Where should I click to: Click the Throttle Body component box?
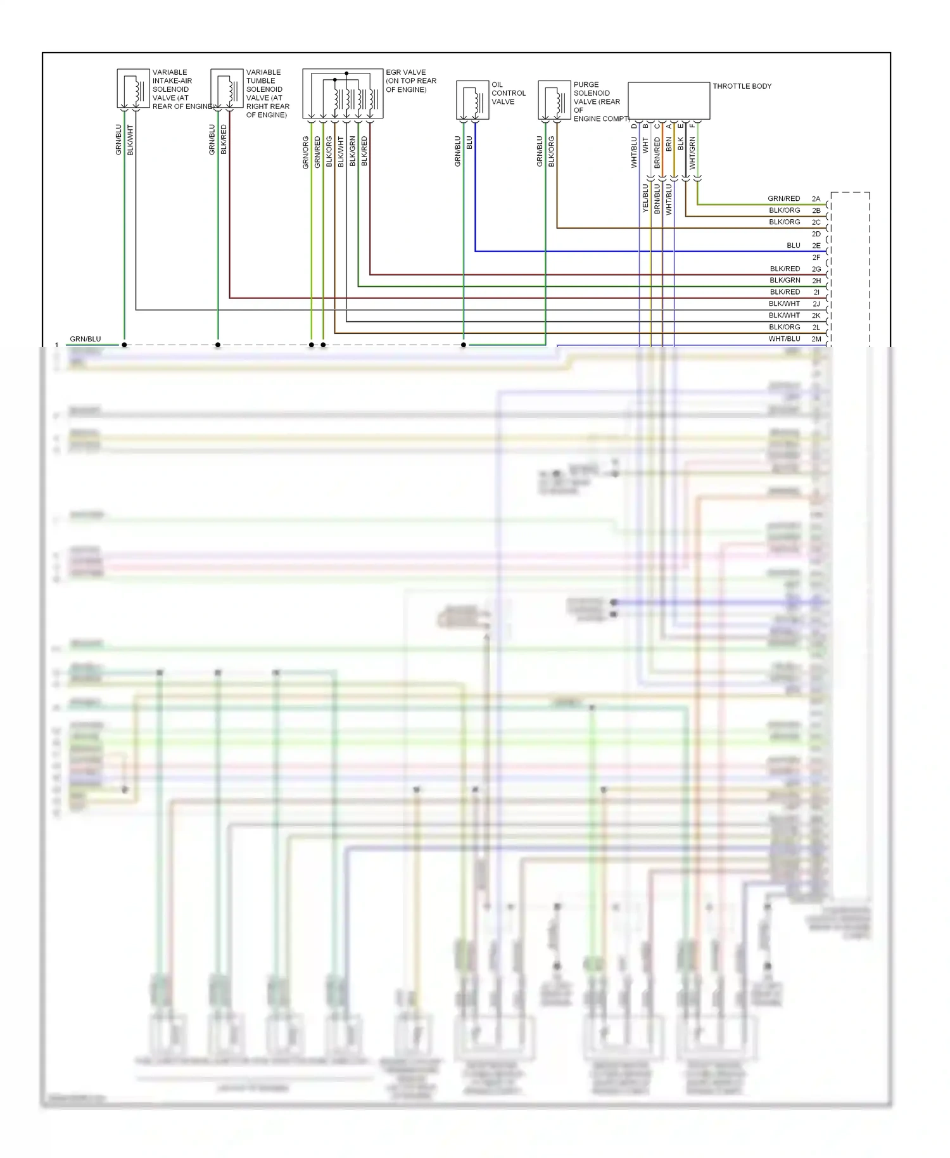click(669, 100)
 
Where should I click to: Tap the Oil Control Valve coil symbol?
click(472, 100)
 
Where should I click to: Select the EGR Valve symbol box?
click(343, 94)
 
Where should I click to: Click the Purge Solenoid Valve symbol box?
click(554, 100)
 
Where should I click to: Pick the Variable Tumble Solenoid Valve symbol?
click(227, 89)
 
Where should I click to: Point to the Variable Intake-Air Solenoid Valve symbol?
click(133, 89)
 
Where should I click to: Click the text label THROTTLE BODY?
click(742, 86)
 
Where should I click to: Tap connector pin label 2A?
click(816, 199)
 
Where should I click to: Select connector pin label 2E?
click(816, 246)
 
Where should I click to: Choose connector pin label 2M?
click(816, 339)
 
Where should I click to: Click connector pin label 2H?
click(816, 281)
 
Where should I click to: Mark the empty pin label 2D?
click(816, 234)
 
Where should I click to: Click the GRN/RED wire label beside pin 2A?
click(783, 199)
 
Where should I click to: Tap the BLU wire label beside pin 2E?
click(793, 246)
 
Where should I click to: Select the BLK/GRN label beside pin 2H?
click(785, 281)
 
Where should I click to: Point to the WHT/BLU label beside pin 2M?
click(784, 339)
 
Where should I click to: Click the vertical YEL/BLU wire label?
click(645, 198)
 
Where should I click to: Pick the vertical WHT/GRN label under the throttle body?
click(692, 153)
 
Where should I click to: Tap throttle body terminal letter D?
click(634, 126)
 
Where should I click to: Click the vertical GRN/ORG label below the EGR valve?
click(305, 152)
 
